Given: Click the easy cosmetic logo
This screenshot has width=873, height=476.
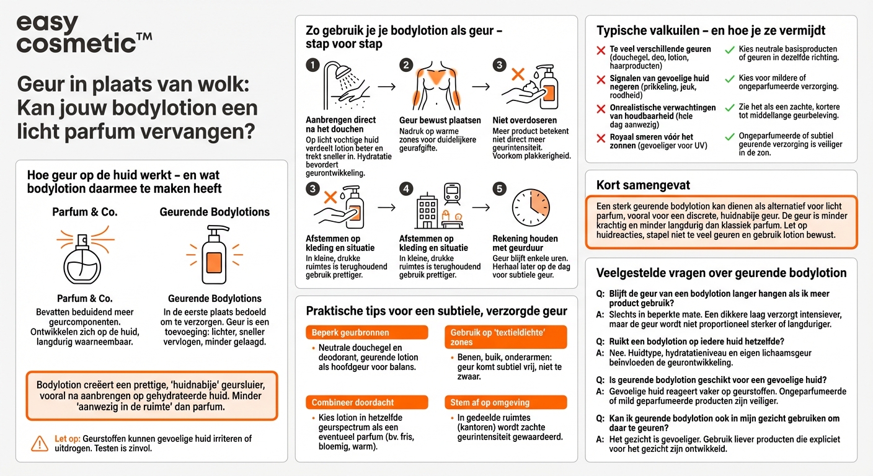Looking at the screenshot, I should [84, 33].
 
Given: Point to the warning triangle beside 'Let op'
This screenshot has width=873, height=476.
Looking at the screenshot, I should [39, 443].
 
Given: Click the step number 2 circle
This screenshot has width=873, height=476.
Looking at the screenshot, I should [406, 65].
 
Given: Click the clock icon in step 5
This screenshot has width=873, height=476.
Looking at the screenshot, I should [530, 206].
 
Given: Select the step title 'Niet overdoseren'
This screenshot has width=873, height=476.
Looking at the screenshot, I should [525, 120].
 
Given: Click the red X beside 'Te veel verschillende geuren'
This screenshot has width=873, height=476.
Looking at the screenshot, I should [601, 50].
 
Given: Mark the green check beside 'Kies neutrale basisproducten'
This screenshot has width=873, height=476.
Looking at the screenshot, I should [730, 50].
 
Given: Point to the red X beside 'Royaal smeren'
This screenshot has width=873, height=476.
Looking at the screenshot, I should [601, 138].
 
